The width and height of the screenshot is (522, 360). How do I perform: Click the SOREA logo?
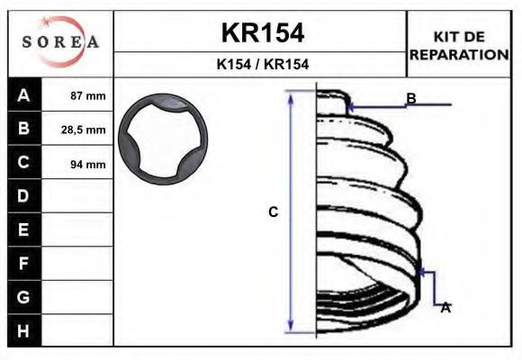[60, 41]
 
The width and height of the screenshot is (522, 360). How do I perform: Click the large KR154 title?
[263, 33]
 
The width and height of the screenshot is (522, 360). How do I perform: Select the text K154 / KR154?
[263, 64]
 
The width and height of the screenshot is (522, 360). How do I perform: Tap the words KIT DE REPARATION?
[459, 46]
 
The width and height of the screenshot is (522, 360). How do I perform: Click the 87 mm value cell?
[77, 95]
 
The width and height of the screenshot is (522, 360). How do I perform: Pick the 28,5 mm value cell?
[77, 129]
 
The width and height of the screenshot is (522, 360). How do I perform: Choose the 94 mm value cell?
[77, 163]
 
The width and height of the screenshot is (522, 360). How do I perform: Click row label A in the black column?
[23, 95]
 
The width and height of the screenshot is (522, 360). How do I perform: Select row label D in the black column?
[23, 196]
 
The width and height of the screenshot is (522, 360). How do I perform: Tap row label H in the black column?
[23, 331]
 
